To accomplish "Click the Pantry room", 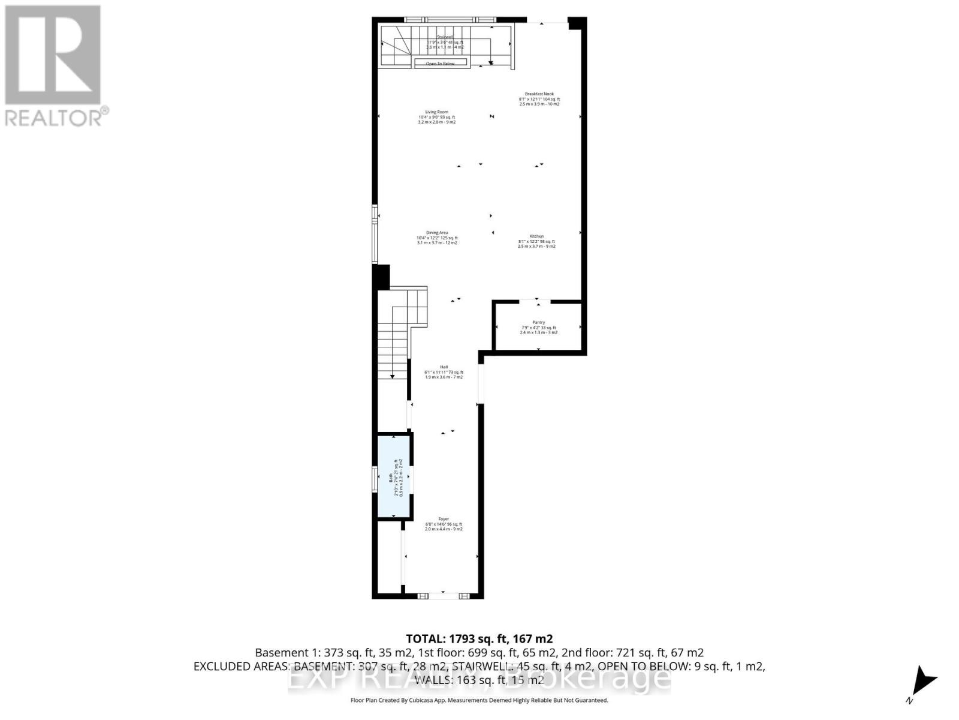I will [538, 327].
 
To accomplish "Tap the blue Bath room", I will [394, 477].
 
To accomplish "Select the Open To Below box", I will [440, 63].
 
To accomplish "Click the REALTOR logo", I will [54, 66].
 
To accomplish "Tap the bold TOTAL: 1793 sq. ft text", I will [479, 638].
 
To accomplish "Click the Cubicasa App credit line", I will [479, 700].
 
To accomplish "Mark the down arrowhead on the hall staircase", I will [393, 376].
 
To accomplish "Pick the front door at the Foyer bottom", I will [444, 596].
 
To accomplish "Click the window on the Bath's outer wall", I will [375, 480].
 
